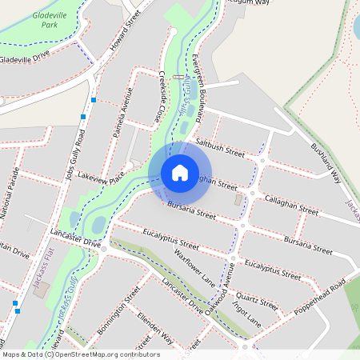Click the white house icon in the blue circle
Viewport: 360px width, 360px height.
180,172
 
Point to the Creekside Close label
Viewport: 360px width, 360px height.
165,95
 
